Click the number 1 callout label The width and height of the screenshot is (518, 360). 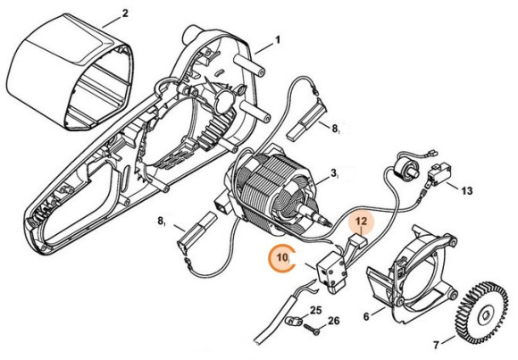pos(277,39)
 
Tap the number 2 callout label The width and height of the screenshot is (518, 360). pos(125,13)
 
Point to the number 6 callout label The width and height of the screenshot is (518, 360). pos(366,316)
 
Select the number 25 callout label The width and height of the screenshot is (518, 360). pos(314,311)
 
